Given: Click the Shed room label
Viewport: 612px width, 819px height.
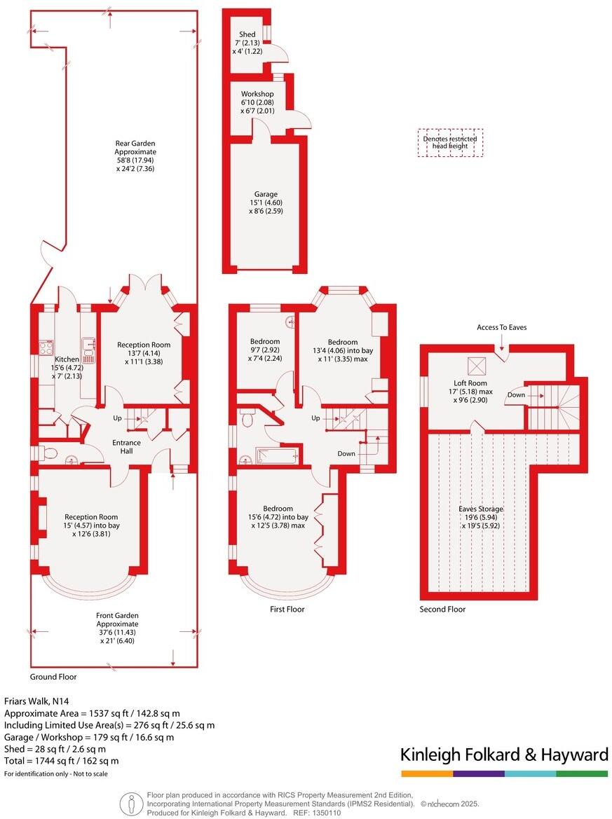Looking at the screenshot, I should point(246,34).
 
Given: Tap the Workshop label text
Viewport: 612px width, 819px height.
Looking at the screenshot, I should point(257,94).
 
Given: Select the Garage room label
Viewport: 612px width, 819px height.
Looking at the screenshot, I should point(266,194).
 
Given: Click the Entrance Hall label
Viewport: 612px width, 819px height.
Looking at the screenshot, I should point(126,446).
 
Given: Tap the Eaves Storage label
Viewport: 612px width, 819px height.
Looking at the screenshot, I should point(481,509).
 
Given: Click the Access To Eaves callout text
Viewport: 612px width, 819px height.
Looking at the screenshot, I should point(501,327).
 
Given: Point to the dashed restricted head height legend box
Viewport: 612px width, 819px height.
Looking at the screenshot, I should point(450,142).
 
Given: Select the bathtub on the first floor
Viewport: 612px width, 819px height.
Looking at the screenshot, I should point(278,456).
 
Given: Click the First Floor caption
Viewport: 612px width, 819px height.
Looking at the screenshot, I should point(287,610).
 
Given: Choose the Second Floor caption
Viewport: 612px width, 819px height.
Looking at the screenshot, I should point(442,610).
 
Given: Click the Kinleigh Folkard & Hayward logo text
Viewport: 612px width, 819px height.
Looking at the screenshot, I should point(504,755).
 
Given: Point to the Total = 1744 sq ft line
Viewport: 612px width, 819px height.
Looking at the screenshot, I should point(62,760).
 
